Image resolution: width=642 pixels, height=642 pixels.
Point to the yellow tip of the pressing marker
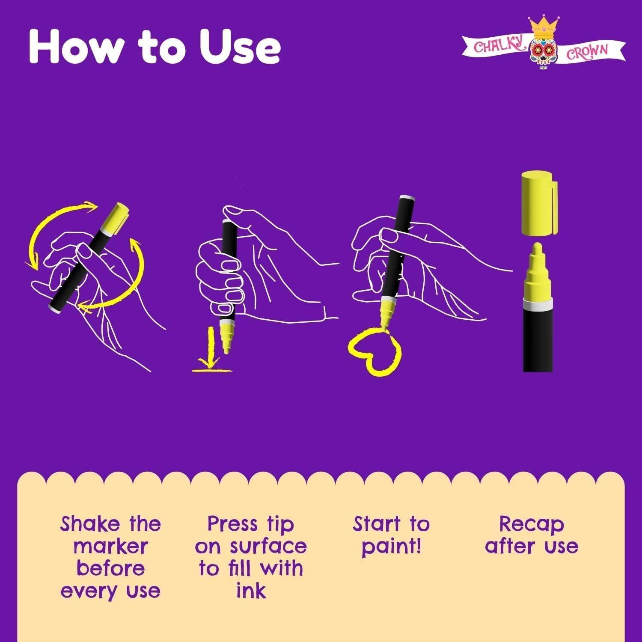click(x=226, y=340)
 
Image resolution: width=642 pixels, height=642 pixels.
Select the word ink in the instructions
click(x=251, y=590)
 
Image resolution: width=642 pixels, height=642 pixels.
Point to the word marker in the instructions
click(x=110, y=546)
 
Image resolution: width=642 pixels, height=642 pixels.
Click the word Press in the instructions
click(x=232, y=523)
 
